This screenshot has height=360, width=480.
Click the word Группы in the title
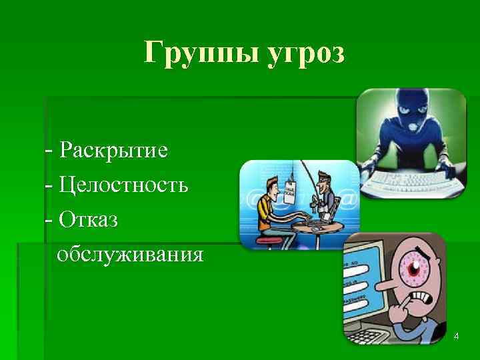194,53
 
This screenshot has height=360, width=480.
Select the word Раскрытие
113,150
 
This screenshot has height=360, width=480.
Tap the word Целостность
123,184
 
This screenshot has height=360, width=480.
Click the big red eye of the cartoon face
417,267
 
